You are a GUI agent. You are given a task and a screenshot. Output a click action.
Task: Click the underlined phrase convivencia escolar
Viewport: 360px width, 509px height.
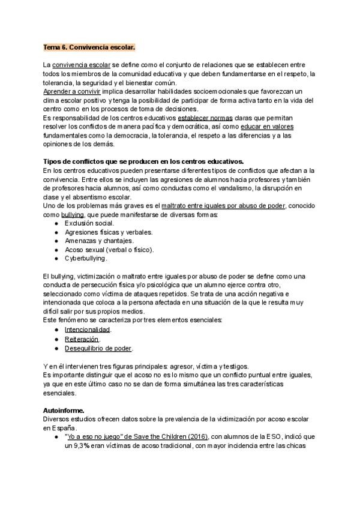pos(81,64)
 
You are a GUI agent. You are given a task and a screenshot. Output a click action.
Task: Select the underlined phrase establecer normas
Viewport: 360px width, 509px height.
pos(206,118)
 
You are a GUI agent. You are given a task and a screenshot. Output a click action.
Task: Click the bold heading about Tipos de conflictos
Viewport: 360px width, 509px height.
pos(143,162)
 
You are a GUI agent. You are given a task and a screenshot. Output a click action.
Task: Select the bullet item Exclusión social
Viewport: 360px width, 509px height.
pos(89,223)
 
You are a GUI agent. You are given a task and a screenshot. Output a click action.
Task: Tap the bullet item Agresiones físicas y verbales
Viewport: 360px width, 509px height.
pos(108,232)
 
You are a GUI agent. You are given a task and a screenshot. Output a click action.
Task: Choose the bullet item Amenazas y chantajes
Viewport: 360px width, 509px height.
pos(99,241)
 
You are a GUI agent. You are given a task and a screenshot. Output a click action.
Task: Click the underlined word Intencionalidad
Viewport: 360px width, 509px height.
pos(88,330)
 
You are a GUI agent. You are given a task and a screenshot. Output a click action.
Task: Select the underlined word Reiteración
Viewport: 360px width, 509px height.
pos(82,339)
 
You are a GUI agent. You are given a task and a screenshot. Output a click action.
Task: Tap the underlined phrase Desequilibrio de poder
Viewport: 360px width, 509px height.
pos(98,348)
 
